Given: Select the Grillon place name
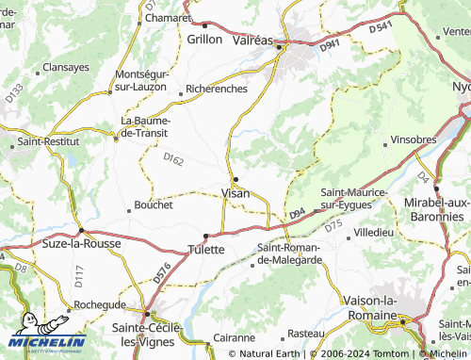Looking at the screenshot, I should (204, 40).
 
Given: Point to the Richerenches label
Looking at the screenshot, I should (217, 89).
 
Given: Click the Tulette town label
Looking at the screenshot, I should (205, 250).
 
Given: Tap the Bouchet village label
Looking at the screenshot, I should (154, 205).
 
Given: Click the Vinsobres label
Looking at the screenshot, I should (413, 139).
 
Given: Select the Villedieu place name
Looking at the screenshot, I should (373, 231).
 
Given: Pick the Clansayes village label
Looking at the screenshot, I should (67, 68).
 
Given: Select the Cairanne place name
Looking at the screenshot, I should (235, 336).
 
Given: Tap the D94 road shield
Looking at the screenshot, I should (297, 216).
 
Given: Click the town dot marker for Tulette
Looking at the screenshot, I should (205, 236).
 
